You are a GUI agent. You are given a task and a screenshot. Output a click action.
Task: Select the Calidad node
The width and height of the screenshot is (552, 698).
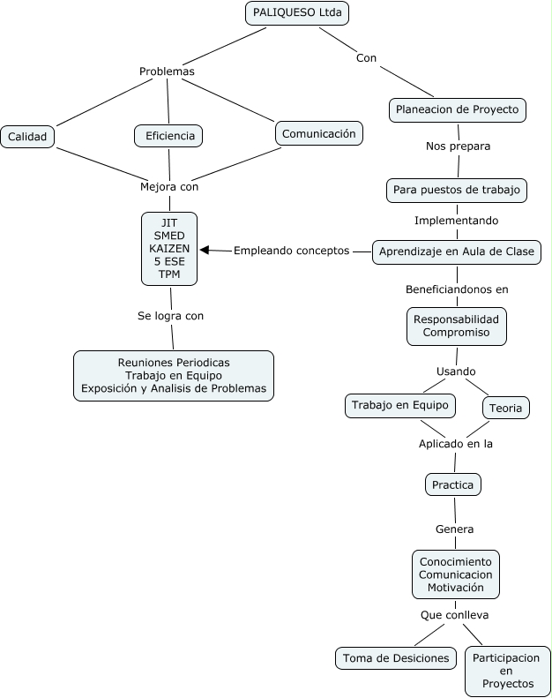(28, 137)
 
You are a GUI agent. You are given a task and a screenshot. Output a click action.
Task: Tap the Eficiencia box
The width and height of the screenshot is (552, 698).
(169, 136)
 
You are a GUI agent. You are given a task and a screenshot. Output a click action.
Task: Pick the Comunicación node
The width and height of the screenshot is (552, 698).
(318, 133)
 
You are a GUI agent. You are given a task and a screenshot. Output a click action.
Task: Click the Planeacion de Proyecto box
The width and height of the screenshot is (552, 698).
(458, 109)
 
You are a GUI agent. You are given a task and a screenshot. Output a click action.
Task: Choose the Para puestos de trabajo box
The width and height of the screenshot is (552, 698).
(457, 190)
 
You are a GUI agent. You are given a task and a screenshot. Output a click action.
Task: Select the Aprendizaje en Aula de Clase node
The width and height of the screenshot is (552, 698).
(456, 251)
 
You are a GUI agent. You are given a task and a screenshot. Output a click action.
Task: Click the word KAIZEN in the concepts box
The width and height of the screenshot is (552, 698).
(169, 248)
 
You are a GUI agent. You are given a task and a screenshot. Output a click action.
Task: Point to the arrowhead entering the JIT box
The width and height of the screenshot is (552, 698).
(205, 251)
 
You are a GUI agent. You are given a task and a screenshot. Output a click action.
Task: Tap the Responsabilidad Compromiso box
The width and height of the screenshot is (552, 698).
(456, 326)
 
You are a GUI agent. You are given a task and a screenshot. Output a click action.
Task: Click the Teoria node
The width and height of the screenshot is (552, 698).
(505, 407)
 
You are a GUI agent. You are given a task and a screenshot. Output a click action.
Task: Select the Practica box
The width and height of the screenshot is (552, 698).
(452, 484)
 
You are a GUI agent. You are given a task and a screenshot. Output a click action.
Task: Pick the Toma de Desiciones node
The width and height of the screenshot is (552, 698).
(396, 657)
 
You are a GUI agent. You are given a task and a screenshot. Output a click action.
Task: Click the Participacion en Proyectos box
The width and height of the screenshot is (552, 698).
(507, 671)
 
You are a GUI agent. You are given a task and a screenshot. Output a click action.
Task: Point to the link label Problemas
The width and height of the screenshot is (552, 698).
(167, 71)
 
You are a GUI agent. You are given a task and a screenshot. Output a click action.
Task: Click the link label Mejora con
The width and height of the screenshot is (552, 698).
(169, 186)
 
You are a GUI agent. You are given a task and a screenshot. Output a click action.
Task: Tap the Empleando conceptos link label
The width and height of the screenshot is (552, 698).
(291, 251)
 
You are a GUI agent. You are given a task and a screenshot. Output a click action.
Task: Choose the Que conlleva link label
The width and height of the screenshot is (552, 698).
(454, 614)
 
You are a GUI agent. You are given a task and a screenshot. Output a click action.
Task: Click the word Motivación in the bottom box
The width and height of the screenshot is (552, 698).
(456, 587)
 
